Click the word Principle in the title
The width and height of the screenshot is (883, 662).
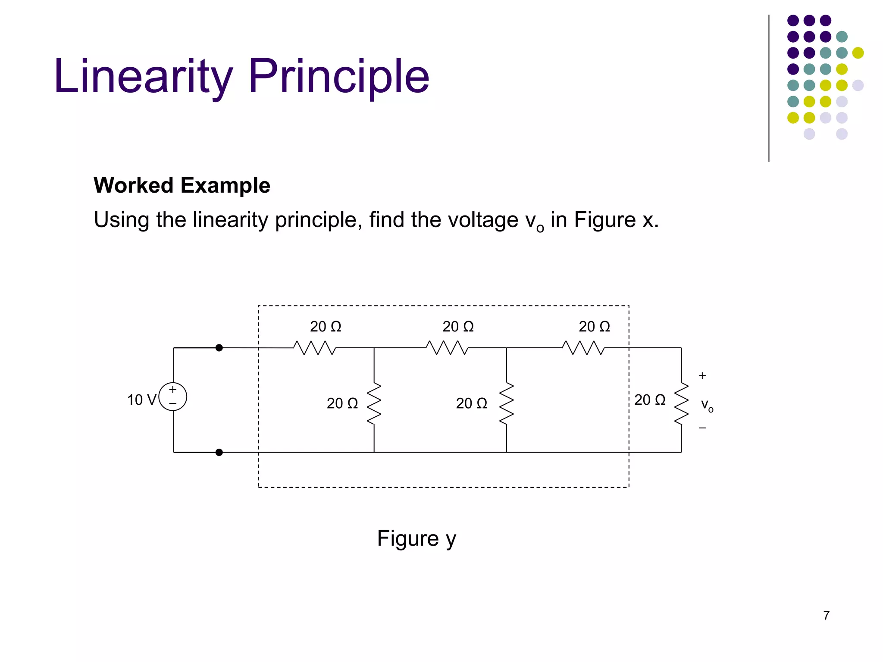coord(339,76)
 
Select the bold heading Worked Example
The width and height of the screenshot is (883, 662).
coord(182,185)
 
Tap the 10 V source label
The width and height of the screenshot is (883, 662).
coord(141,400)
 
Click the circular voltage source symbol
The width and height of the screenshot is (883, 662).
coord(173,397)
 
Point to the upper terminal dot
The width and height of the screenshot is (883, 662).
coord(219,348)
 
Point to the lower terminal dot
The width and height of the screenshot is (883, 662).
coord(219,452)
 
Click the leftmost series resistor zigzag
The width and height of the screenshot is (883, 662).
coord(314,348)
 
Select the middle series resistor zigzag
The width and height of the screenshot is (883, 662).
coord(447,348)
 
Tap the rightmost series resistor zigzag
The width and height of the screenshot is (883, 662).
coord(583,348)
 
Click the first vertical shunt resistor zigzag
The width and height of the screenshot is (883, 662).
coord(374,403)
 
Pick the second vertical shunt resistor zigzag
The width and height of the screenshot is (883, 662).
coord(507,403)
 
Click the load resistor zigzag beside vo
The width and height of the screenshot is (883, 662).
coord(681,403)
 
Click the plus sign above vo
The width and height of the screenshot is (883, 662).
coord(702,376)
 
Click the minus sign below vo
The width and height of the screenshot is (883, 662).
coord(702,428)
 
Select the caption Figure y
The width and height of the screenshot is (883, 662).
coord(416,539)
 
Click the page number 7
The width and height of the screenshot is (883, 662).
coord(826,615)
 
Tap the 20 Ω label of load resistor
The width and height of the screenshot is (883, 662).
coord(650,400)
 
